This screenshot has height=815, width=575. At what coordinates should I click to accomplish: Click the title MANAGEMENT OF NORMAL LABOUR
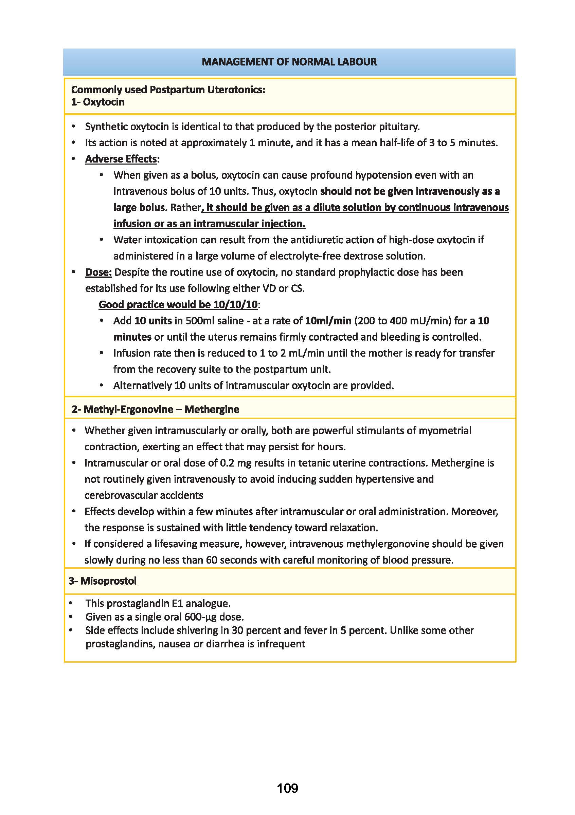[289, 62]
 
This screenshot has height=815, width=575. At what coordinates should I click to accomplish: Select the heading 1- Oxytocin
[98, 102]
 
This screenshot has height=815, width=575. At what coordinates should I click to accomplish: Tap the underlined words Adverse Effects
[121, 159]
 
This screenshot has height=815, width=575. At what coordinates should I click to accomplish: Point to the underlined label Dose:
[98, 272]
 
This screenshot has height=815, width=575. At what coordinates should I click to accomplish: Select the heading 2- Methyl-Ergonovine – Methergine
[155, 409]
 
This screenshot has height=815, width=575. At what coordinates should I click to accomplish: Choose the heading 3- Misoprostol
[103, 581]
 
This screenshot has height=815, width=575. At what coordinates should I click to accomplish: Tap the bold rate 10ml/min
[328, 321]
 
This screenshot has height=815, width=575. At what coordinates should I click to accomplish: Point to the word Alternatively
[142, 385]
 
